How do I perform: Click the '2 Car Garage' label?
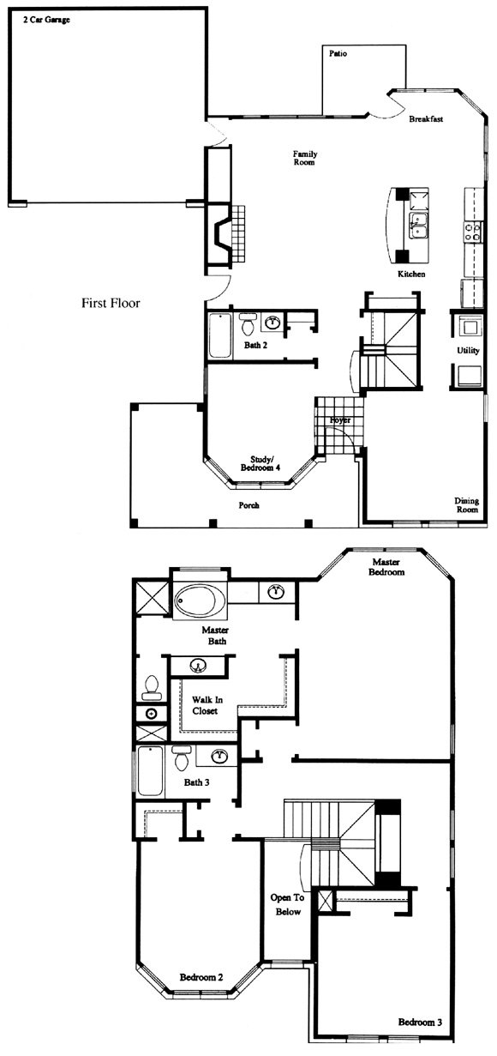(x=46, y=20)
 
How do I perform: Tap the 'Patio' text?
(x=338, y=54)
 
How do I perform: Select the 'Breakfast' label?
(x=426, y=118)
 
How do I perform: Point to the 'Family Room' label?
(x=305, y=158)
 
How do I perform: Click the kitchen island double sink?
(x=418, y=226)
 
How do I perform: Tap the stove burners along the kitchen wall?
(x=473, y=232)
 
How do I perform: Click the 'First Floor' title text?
(x=111, y=303)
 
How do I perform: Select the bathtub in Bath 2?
(x=219, y=335)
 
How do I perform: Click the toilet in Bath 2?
(x=248, y=323)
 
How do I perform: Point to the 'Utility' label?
(x=468, y=350)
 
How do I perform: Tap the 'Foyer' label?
(x=339, y=420)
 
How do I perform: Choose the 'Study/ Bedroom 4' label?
(x=260, y=463)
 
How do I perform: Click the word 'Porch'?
(x=248, y=505)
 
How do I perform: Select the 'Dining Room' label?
(x=466, y=505)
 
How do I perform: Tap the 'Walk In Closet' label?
(x=207, y=705)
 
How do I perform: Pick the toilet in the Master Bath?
(x=151, y=687)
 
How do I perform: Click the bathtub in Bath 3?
(x=150, y=771)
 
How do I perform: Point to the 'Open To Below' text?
(x=287, y=905)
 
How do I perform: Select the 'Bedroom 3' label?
(x=420, y=1022)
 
